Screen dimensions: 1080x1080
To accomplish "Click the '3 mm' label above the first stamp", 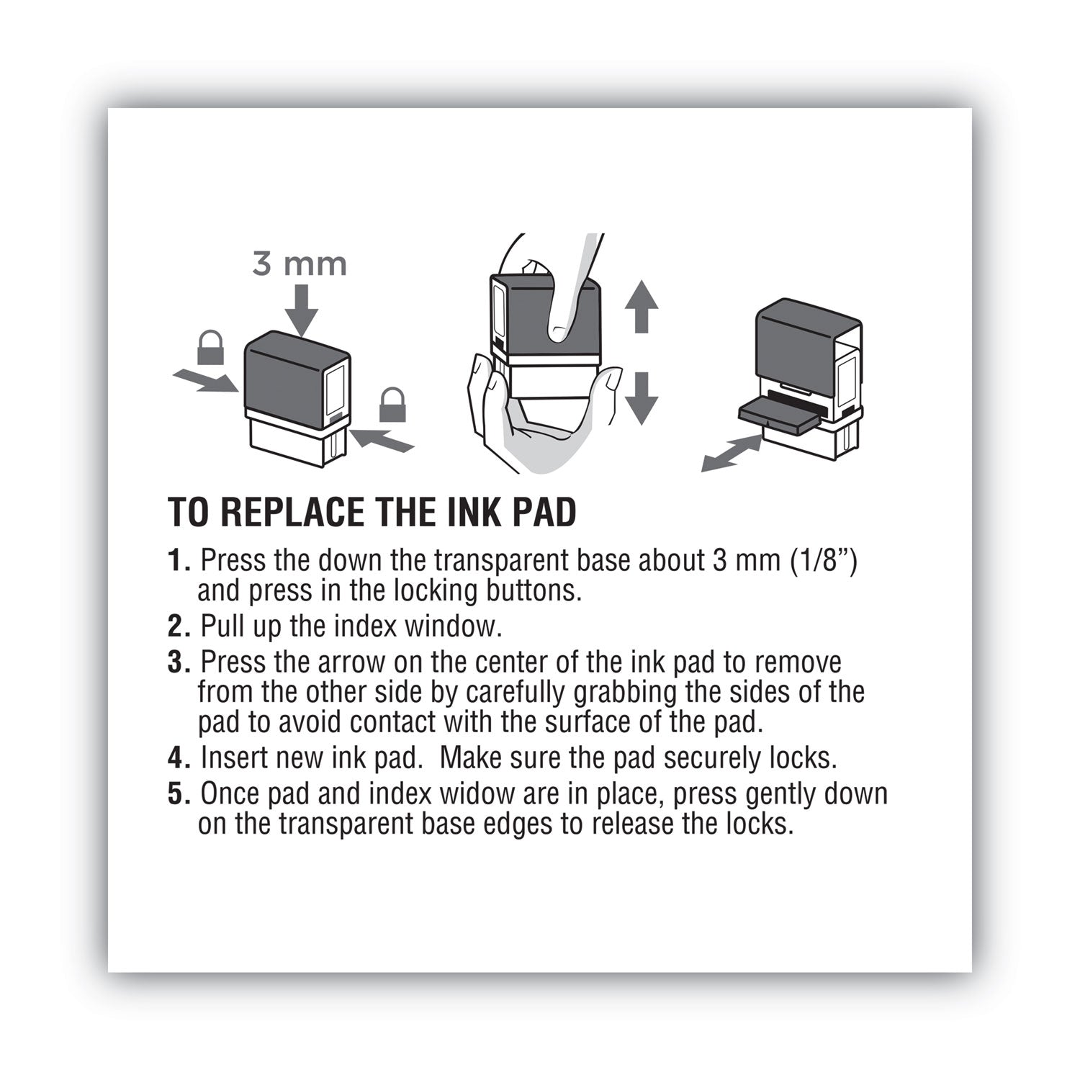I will pos(300,264).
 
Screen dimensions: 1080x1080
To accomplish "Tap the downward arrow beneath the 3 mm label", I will pos(301,308).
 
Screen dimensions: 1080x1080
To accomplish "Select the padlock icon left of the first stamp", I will pos(210,348).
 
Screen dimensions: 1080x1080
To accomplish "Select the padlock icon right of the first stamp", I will pos(392,405).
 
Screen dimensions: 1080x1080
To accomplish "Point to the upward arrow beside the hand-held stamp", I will pos(641,306).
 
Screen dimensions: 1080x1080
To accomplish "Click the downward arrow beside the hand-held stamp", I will pos(641,397).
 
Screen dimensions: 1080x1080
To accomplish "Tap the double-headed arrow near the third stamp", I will pos(732,454).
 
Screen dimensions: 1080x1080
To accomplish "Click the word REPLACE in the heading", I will pos(291,512).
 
